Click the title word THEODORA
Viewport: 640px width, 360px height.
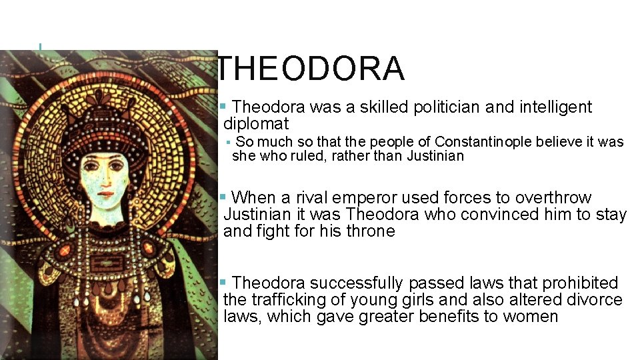click(311, 69)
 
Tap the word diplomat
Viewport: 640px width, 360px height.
click(256, 124)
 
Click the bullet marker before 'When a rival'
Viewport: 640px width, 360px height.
click(224, 197)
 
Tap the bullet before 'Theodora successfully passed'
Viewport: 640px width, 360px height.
click(224, 283)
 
